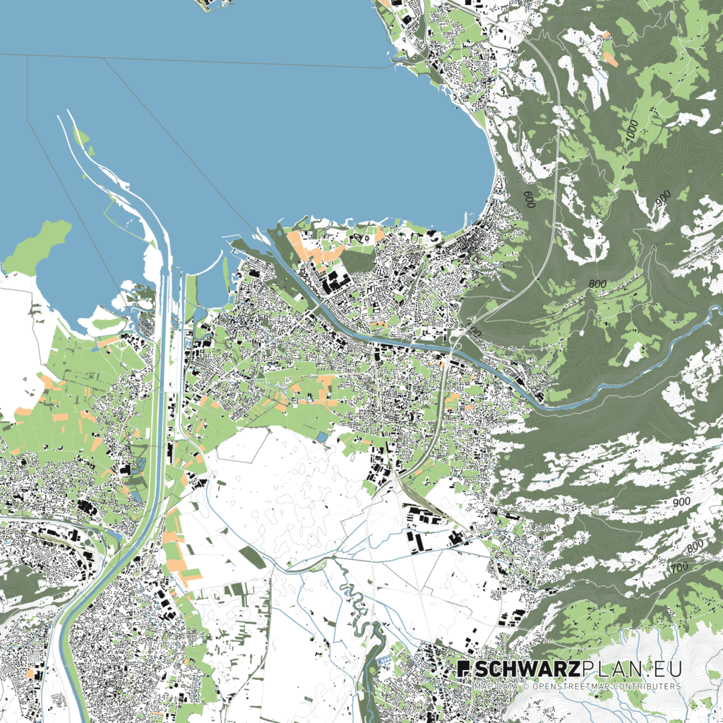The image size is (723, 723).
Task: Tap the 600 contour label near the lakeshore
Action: pos(528,198)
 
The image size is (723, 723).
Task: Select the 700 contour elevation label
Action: pos(680,567)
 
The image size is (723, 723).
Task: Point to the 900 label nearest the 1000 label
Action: pos(662,199)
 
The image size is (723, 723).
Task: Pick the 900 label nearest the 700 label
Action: pos(681,502)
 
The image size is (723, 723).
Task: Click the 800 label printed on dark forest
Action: pos(597,283)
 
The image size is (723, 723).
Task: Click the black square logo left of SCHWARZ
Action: pos(463,669)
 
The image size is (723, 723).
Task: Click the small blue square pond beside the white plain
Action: pos(322,438)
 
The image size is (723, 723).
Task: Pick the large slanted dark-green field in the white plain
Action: pos(252,557)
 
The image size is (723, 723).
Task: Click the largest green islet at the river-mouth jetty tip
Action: pos(83,137)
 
